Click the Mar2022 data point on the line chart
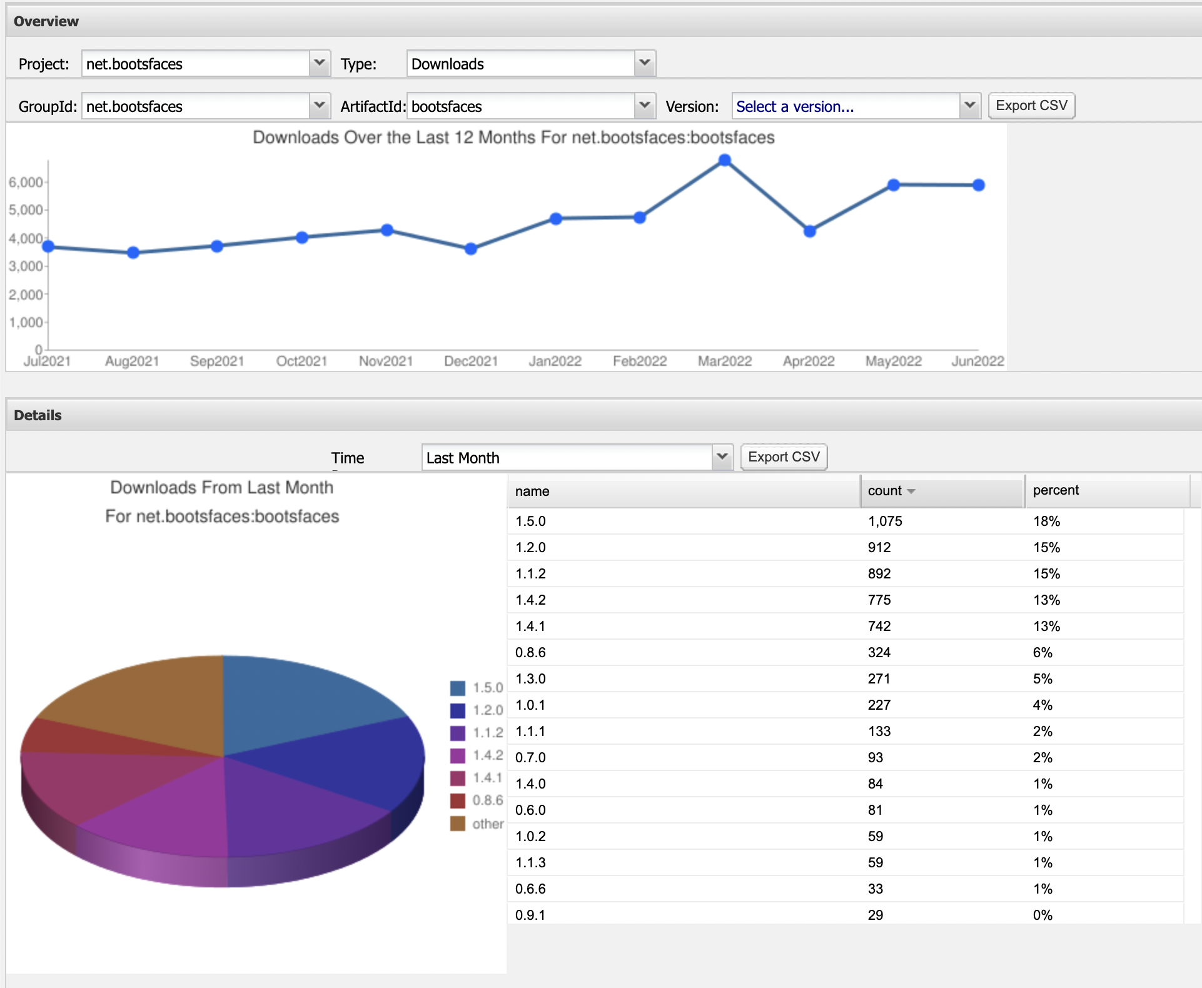[x=725, y=161]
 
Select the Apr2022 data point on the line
[x=810, y=231]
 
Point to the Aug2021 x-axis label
[x=132, y=361]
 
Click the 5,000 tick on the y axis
[x=26, y=210]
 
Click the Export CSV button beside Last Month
[x=784, y=457]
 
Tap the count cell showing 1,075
[x=885, y=522]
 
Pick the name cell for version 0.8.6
[x=530, y=653]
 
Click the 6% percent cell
[x=1043, y=653]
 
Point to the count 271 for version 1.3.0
[x=879, y=679]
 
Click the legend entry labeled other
[x=487, y=824]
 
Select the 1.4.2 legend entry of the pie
[x=487, y=755]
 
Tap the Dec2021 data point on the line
[x=471, y=249]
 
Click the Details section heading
[x=38, y=416]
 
